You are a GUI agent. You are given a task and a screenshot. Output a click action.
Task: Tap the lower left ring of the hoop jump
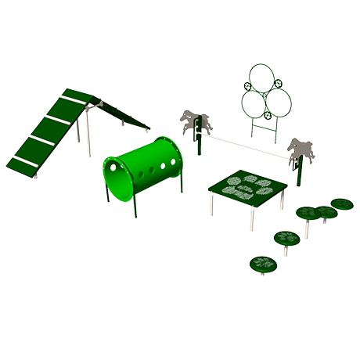point(253,103)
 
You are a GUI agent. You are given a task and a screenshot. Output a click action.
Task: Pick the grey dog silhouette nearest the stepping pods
point(300,149)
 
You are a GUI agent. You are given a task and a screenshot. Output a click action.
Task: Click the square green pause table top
point(247,187)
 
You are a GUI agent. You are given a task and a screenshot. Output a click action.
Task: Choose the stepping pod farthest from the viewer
point(341,204)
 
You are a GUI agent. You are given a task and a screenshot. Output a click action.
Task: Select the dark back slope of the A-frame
point(125,113)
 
